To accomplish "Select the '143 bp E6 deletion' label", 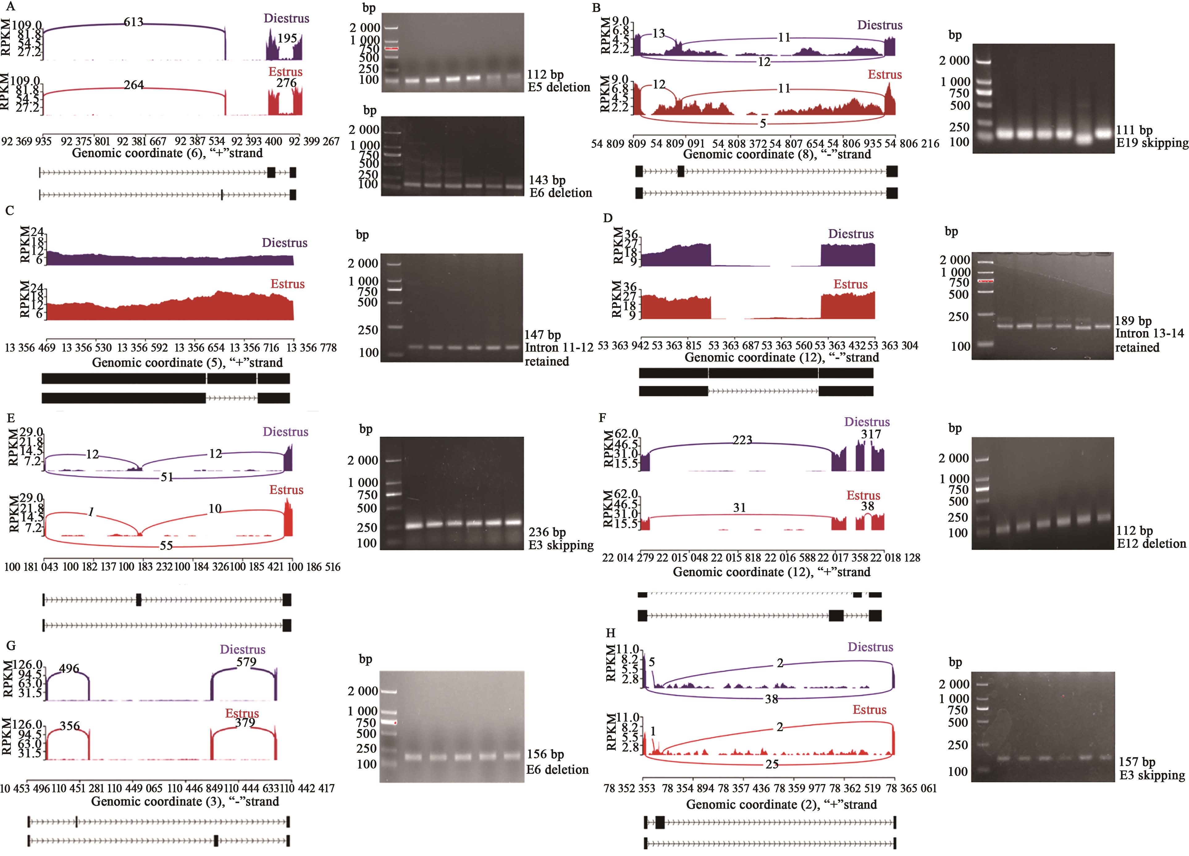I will [560, 187].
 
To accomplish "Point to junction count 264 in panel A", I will [134, 85].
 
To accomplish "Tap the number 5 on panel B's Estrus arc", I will [763, 123].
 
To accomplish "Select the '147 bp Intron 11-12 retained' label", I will [558, 347].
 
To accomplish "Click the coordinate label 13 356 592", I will [143, 347].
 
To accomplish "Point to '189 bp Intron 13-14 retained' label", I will [1149, 334].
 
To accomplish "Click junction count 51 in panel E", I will [167, 477].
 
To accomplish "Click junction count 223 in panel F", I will [742, 440].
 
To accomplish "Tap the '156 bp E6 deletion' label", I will [557, 762].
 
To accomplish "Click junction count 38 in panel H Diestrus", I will [771, 699].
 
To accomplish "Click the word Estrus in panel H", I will [869, 710].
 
